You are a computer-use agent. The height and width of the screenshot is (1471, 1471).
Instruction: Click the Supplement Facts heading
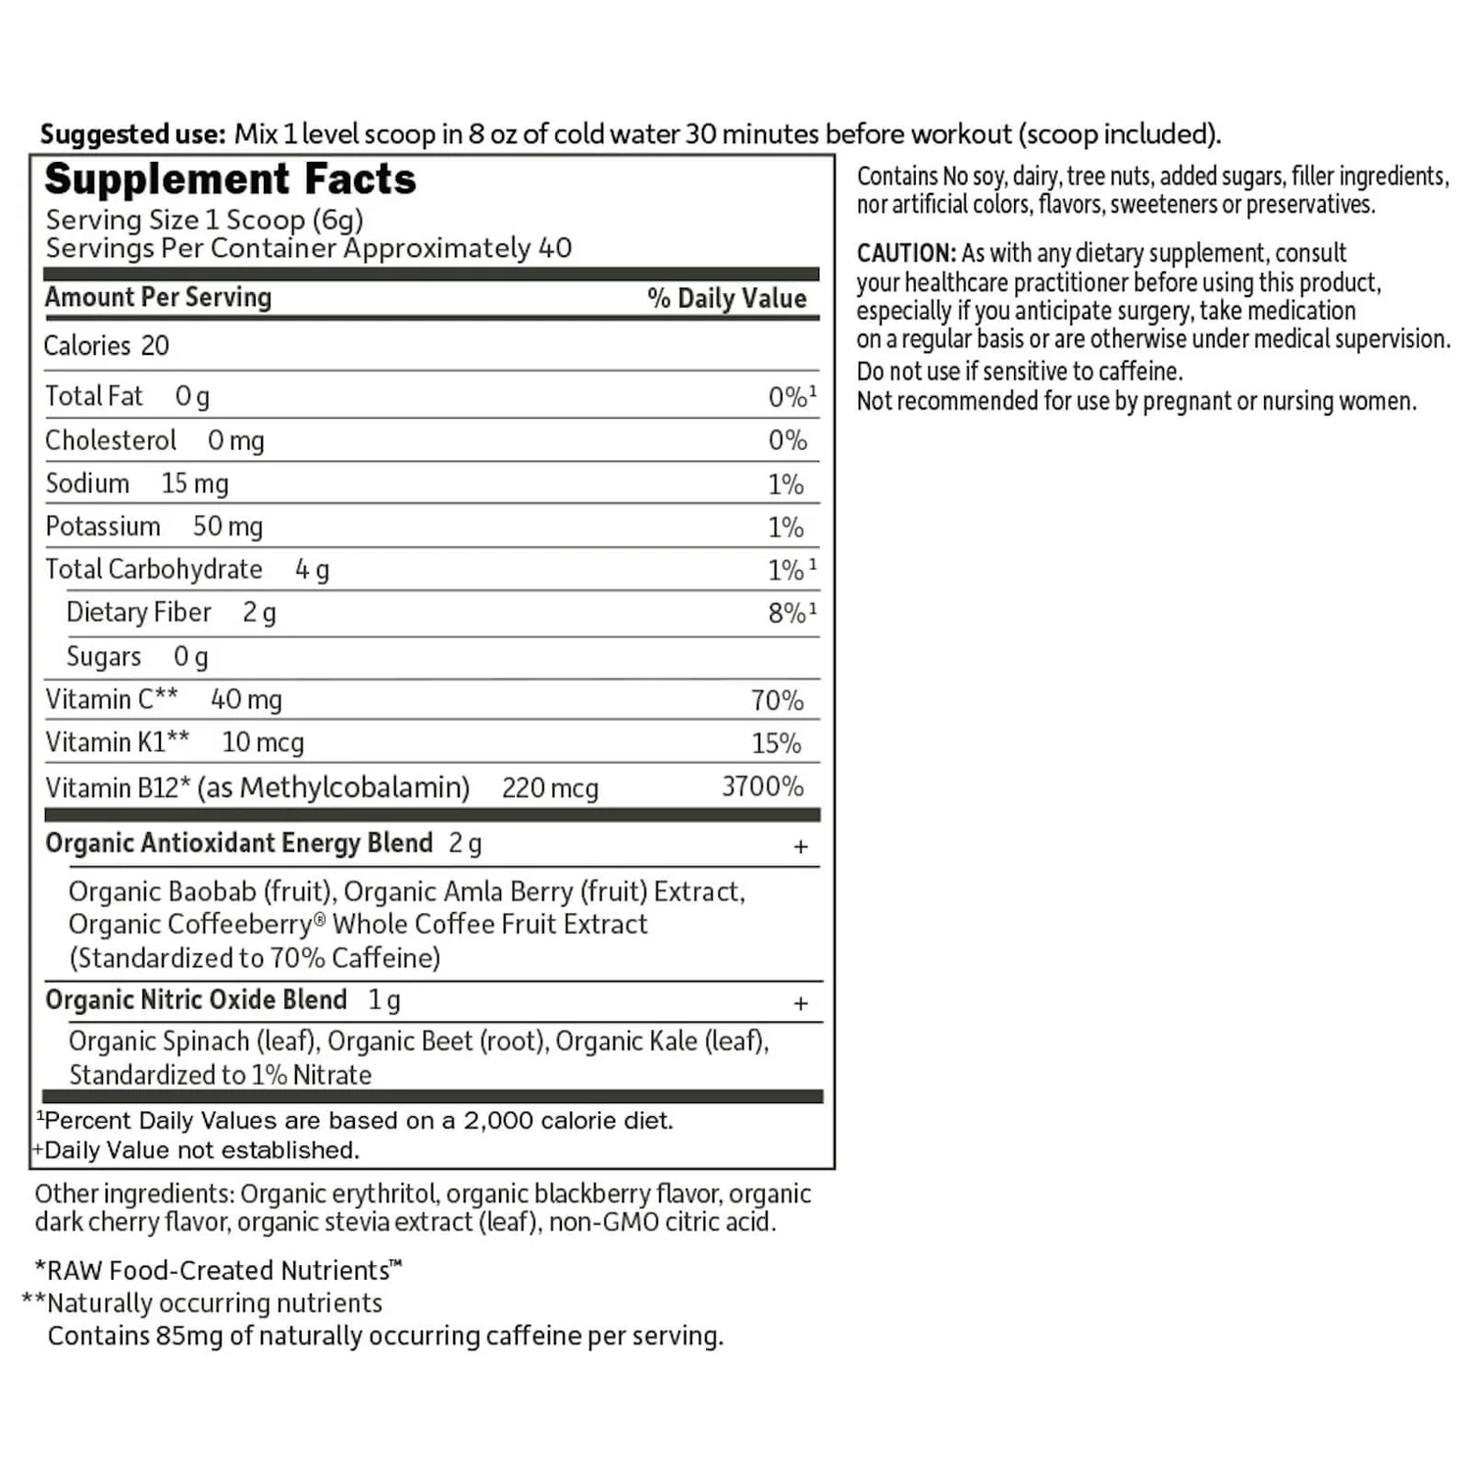230,179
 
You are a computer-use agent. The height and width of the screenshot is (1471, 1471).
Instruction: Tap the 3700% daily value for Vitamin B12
762,786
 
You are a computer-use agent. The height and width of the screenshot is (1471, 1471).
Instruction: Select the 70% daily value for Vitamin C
777,700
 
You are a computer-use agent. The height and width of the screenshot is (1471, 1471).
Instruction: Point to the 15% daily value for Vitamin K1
776,743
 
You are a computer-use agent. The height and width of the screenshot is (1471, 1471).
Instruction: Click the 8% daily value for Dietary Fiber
786,613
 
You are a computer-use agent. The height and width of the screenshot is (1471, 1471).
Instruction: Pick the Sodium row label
87,483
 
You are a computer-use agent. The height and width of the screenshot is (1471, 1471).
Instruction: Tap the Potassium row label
103,527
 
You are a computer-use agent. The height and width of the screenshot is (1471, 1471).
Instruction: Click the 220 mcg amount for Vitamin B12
549,788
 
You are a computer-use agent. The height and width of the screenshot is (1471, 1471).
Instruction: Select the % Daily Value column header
727,298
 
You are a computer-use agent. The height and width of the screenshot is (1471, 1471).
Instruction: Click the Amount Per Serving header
158,297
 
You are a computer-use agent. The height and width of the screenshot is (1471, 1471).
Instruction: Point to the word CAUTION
905,253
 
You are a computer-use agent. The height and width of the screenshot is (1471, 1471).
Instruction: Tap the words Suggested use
132,134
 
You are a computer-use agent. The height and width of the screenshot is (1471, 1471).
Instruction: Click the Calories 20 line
106,346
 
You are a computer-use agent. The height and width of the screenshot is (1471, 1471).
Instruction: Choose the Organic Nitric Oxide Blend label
196,999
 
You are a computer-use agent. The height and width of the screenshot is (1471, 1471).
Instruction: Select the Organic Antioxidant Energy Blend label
238,843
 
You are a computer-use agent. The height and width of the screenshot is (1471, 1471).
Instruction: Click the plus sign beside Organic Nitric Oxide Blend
800,1003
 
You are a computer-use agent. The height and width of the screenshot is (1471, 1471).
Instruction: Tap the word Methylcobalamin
354,787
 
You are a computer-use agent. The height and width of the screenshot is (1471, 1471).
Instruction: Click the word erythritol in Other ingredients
384,1193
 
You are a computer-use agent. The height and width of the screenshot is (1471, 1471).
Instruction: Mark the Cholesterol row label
111,440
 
